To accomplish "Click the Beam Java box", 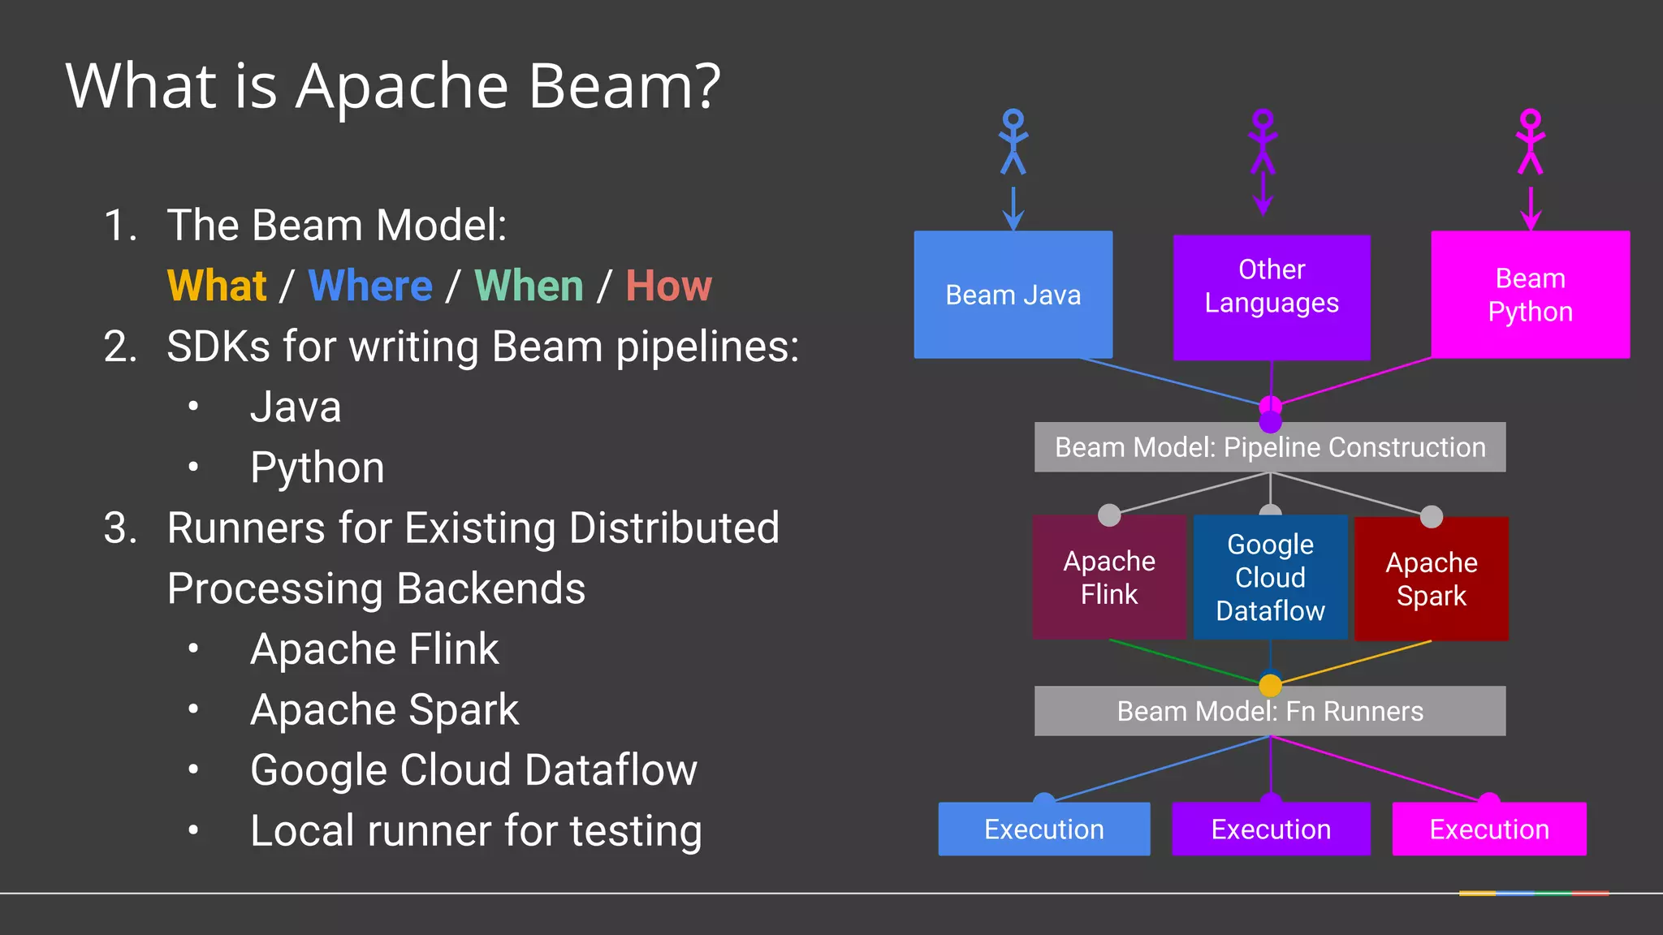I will (x=1013, y=295).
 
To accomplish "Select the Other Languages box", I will (x=1272, y=297).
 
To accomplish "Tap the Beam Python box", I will (x=1530, y=295).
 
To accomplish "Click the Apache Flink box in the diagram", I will (x=1109, y=577).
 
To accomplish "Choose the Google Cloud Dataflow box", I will (x=1270, y=577).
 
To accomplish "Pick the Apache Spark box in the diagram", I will (x=1432, y=579).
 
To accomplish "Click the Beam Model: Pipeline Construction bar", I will (x=1270, y=447).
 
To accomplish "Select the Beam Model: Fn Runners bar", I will (x=1270, y=711).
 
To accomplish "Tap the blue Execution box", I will (x=1043, y=829).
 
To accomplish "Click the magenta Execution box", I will (x=1488, y=829).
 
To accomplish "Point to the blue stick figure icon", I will (x=1013, y=142).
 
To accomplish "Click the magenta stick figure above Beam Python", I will (x=1531, y=142).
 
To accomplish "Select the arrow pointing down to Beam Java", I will (x=1013, y=209).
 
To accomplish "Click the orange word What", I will (x=217, y=286).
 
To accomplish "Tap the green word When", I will (x=529, y=286).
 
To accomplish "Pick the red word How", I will (x=668, y=286).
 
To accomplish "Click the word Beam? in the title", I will (x=624, y=86).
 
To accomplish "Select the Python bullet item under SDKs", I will (x=317, y=467).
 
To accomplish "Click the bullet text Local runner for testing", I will (x=476, y=831).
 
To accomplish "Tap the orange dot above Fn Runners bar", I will (x=1270, y=685).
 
